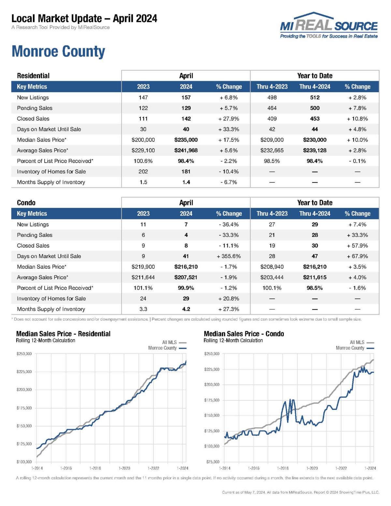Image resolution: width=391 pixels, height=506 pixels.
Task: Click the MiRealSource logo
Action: click(x=328, y=26)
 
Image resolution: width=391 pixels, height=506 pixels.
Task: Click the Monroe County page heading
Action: click(x=58, y=51)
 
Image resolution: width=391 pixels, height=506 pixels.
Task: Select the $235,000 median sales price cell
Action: click(x=186, y=140)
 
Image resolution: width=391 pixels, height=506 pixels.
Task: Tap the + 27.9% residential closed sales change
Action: click(x=229, y=119)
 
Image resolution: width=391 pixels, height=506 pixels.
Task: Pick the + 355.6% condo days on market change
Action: click(x=229, y=256)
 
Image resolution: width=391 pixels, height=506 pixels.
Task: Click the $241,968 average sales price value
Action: click(x=186, y=150)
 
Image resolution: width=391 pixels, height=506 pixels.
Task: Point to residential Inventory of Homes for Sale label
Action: click(x=51, y=171)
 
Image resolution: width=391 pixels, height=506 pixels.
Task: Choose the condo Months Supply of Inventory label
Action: click(x=51, y=309)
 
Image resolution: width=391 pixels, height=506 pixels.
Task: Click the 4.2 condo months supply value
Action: click(x=186, y=309)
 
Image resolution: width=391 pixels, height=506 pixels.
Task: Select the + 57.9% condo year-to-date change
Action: click(x=357, y=245)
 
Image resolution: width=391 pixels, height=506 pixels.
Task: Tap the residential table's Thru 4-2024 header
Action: click(x=314, y=87)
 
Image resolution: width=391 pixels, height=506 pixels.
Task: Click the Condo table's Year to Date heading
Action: click(x=314, y=203)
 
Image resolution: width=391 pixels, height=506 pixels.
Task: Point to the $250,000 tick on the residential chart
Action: click(x=24, y=354)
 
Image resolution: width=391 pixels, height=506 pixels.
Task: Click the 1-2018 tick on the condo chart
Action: click(x=282, y=468)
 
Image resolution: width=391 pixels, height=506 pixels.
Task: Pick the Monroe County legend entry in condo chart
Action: click(x=355, y=348)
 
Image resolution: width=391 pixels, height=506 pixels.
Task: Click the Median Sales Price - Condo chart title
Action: click(x=243, y=334)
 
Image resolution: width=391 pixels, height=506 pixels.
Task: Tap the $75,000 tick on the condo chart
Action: click(x=212, y=462)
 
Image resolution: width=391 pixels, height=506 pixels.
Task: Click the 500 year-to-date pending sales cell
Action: click(x=314, y=108)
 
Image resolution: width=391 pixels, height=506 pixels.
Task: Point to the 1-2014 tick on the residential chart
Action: click(x=37, y=468)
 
